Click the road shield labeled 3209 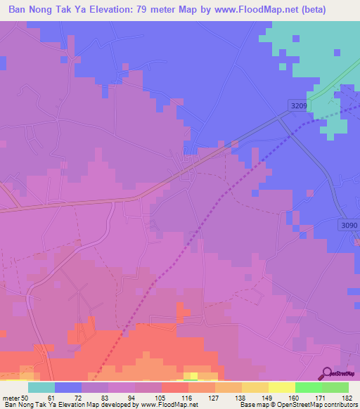(x=299, y=105)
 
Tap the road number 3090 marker (x=348, y=225)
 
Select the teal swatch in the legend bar (x=41, y=387)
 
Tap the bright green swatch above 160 (x=309, y=387)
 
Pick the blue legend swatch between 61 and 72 (x=68, y=387)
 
